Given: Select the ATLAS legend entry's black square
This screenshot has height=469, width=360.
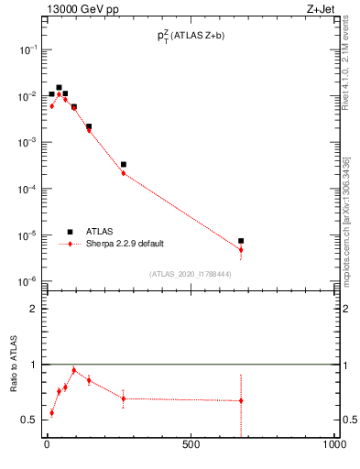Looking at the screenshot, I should (70, 232).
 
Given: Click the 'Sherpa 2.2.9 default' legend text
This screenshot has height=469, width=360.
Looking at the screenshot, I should (125, 244).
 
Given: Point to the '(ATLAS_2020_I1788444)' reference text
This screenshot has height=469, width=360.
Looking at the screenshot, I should (190, 273).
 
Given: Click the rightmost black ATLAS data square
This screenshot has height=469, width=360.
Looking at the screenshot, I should (241, 241).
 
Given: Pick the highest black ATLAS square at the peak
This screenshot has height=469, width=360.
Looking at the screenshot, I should (59, 88).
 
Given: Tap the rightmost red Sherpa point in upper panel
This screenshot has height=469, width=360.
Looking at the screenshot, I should (241, 249).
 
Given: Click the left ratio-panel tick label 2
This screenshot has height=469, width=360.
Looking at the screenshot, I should (33, 309).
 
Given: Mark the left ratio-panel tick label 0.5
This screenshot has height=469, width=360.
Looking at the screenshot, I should (29, 420).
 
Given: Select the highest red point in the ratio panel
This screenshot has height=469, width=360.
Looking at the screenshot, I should (73, 370).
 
